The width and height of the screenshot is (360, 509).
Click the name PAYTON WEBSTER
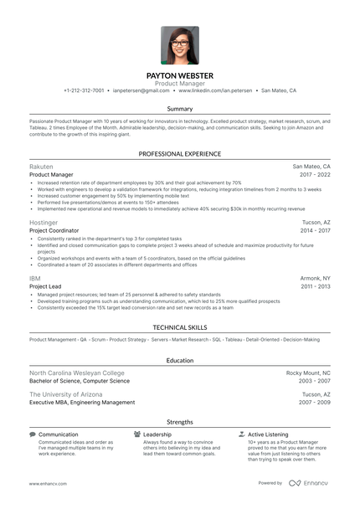(180, 75)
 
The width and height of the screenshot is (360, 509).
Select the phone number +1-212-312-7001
(84, 90)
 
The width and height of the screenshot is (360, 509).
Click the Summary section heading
(180, 110)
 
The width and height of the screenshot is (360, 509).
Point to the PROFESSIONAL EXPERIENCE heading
(180, 154)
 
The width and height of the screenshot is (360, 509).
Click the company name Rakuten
(42, 167)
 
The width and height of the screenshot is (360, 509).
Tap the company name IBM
(35, 277)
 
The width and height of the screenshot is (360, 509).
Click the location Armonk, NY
(315, 277)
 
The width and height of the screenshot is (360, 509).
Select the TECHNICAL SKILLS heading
(180, 327)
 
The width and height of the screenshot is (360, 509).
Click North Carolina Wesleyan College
(77, 373)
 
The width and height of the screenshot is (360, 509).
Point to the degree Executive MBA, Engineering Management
(82, 402)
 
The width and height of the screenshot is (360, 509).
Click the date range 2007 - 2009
(315, 402)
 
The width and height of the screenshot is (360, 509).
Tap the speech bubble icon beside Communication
(33, 434)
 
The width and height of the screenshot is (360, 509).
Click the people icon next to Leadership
(137, 434)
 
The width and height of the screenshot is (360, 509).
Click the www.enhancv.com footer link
(47, 483)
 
